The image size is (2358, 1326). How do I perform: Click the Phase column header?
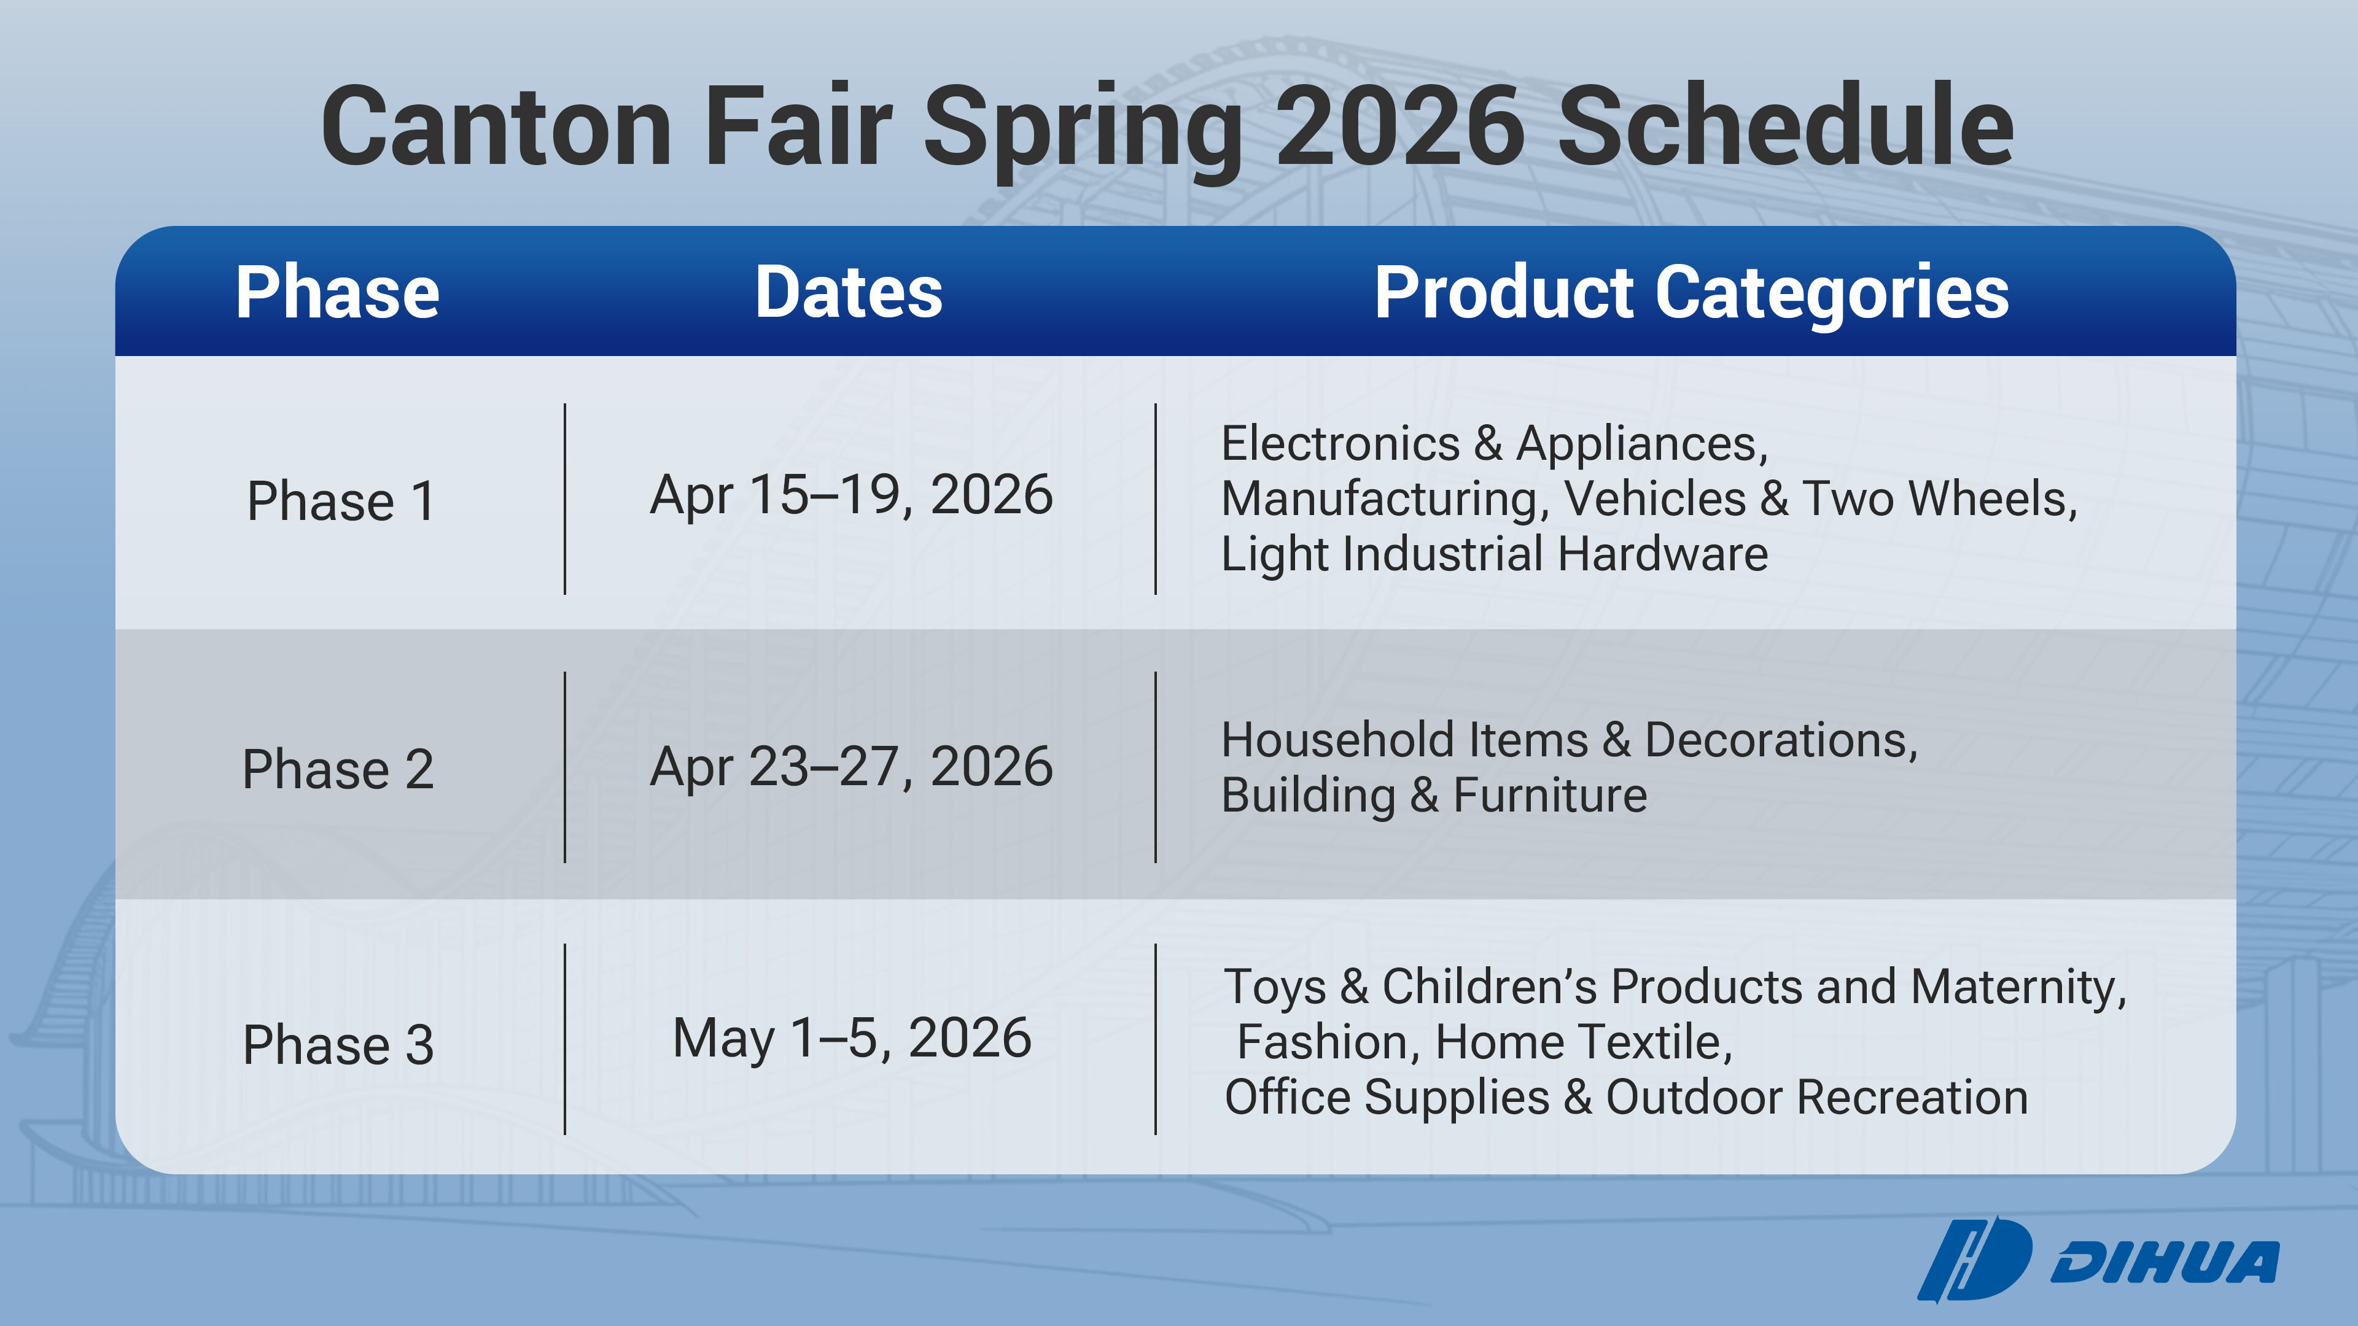tap(338, 292)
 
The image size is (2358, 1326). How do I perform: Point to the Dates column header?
tap(849, 292)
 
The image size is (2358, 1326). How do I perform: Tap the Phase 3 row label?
tap(338, 1044)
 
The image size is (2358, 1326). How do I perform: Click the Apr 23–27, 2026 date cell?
tap(851, 767)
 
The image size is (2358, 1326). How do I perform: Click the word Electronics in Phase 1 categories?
tap(1341, 444)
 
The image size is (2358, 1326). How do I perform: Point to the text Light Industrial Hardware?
tap(1495, 554)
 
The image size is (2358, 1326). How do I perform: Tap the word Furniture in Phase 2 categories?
tap(1551, 794)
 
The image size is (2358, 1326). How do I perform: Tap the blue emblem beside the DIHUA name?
tap(1975, 1259)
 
